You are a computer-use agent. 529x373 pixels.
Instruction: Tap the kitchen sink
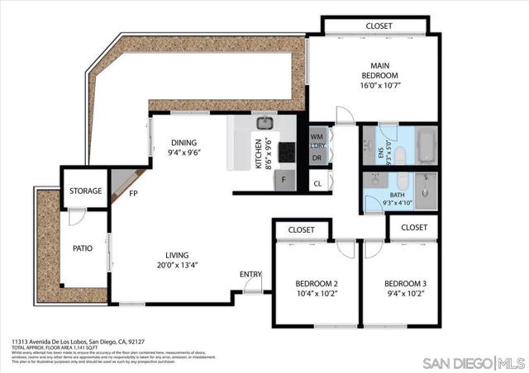click(x=264, y=124)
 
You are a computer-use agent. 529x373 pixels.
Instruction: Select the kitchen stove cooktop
click(x=287, y=152)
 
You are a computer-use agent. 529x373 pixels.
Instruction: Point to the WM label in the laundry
click(x=317, y=136)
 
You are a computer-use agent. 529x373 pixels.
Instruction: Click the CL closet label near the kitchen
click(x=317, y=184)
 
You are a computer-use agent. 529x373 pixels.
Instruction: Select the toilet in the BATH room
click(x=398, y=181)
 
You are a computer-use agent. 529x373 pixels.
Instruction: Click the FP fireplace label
click(x=133, y=195)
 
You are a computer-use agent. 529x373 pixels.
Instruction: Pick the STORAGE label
click(x=85, y=191)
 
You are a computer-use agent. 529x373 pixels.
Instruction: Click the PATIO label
click(x=82, y=248)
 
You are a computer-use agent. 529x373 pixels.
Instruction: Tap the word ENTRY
click(x=250, y=274)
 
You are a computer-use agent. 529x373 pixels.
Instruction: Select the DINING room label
click(x=184, y=142)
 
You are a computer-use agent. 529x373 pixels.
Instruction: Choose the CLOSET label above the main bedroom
click(x=379, y=26)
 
